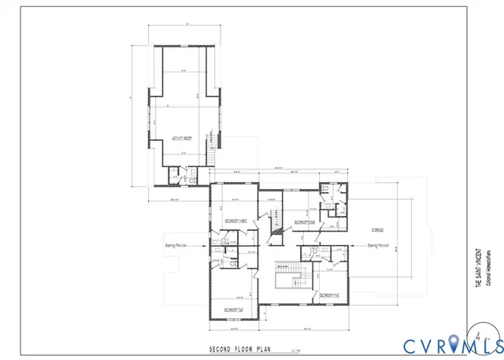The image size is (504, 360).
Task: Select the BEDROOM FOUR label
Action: pos(305,223)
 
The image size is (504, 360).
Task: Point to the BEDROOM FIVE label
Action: pos(329,295)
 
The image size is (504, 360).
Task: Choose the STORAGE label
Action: pos(378,229)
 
